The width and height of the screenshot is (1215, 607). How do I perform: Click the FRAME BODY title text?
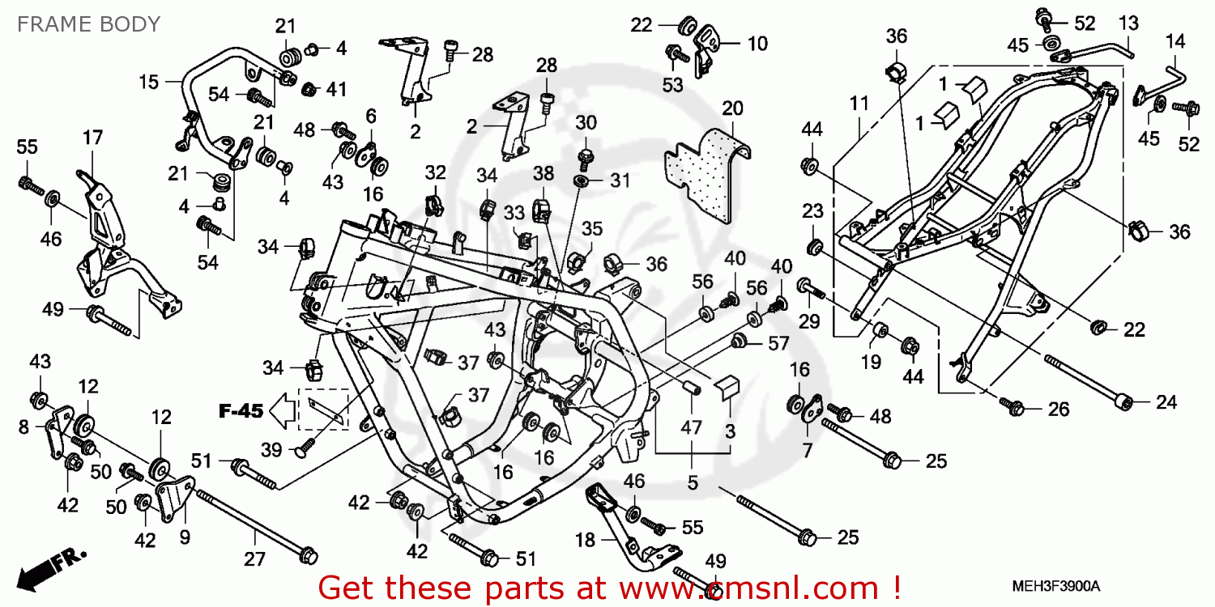[88, 24]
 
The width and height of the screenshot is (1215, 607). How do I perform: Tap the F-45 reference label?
[241, 411]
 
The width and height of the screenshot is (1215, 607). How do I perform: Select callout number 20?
[732, 108]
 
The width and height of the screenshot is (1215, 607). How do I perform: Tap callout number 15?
[148, 81]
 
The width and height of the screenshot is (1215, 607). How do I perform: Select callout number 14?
[1174, 40]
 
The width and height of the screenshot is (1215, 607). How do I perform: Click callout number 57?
[778, 344]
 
